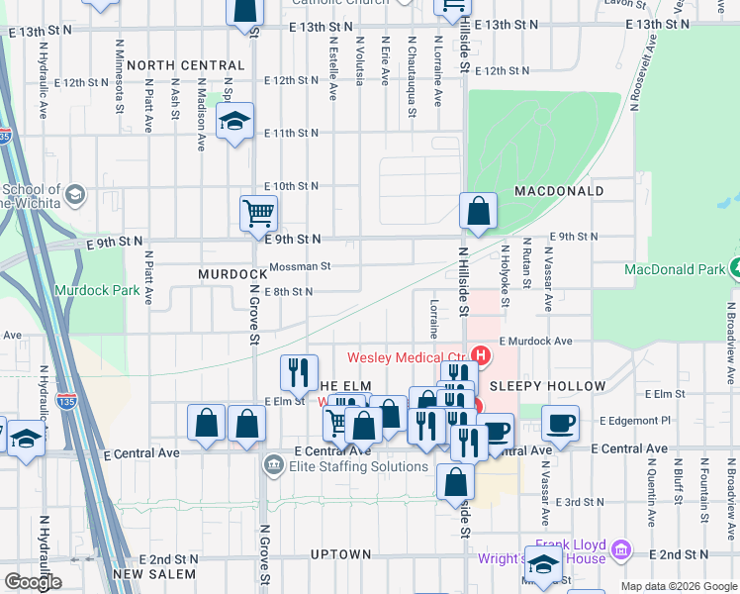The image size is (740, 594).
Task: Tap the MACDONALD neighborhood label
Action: [559, 190]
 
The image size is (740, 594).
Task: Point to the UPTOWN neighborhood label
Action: [341, 554]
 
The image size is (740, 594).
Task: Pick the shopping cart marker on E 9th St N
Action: [258, 212]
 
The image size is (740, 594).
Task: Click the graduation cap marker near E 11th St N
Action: [234, 122]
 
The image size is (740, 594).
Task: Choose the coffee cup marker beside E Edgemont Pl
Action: [560, 423]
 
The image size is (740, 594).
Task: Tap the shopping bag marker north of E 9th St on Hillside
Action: [478, 210]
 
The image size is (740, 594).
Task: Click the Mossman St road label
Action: [300, 266]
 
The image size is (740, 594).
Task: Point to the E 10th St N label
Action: [292, 186]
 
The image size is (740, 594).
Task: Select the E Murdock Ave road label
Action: [535, 342]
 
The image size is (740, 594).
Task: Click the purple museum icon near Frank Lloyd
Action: [621, 549]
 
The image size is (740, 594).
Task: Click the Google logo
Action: [33, 582]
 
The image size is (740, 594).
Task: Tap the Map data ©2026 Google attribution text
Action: [679, 586]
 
